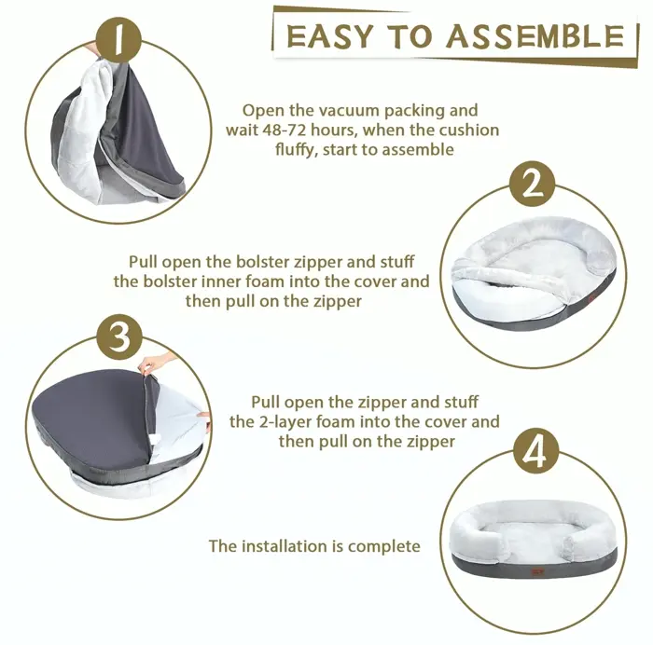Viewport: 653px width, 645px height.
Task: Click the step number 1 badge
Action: pyautogui.click(x=119, y=39)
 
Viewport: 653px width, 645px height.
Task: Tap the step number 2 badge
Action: pyautogui.click(x=533, y=184)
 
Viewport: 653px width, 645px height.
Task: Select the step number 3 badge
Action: pyautogui.click(x=120, y=336)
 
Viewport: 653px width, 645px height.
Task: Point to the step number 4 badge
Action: pyautogui.click(x=535, y=451)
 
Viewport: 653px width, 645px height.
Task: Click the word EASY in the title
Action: pyautogui.click(x=329, y=36)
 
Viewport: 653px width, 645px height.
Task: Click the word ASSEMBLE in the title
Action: pyautogui.click(x=535, y=35)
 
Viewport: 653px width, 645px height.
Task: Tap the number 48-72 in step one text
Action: pyautogui.click(x=285, y=130)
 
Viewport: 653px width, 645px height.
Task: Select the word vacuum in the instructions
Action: pyautogui.click(x=349, y=110)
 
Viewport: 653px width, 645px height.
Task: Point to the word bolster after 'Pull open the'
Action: pyautogui.click(x=263, y=262)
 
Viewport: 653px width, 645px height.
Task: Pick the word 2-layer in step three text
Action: pyautogui.click(x=285, y=422)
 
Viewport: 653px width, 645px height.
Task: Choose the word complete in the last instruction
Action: pyautogui.click(x=384, y=547)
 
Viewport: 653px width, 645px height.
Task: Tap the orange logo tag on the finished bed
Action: pyautogui.click(x=535, y=572)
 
